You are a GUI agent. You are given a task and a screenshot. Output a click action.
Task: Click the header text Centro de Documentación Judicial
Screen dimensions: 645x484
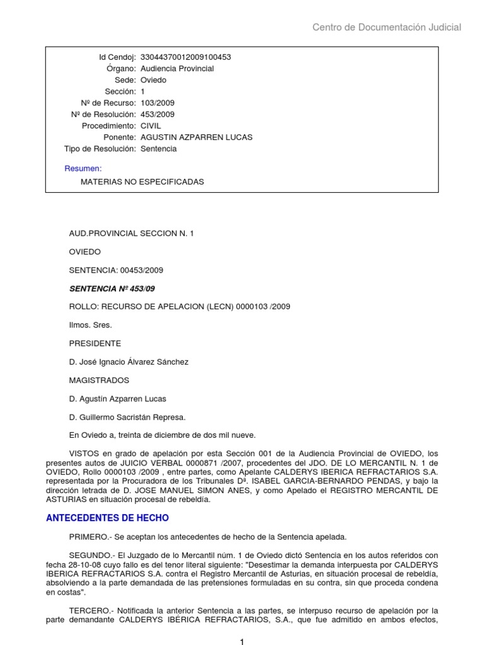387,27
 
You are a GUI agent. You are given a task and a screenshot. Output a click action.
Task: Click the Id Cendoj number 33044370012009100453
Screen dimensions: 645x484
185,57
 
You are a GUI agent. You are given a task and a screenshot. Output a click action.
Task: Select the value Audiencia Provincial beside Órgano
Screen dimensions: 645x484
176,69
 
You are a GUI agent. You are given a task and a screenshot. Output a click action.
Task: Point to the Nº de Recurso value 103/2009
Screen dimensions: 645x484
158,103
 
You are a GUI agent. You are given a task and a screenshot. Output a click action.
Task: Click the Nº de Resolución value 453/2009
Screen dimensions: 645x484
158,114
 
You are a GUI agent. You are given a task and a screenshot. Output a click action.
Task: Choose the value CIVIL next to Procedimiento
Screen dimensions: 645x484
151,126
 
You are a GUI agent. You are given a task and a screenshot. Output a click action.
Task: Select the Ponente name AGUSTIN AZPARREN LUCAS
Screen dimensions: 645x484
196,137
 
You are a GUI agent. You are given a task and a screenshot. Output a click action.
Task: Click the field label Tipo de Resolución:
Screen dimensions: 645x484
100,149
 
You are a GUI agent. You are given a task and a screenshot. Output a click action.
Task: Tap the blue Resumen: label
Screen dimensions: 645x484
83,168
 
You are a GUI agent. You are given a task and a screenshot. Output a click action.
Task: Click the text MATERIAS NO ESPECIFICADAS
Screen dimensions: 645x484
142,181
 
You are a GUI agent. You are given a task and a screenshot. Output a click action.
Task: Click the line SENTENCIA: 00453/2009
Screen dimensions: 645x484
116,270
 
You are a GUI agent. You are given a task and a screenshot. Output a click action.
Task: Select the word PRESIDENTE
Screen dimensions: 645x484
95,343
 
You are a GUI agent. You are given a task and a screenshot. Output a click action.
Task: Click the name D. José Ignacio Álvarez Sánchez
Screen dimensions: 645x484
129,362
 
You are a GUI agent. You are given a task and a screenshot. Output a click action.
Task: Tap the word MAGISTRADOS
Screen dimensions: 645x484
99,380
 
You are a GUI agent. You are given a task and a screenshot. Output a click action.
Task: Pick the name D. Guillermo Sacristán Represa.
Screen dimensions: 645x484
127,417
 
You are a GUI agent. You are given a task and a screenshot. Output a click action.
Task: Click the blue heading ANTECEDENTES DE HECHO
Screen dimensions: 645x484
108,518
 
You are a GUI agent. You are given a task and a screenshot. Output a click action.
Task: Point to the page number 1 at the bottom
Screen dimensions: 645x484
241,641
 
